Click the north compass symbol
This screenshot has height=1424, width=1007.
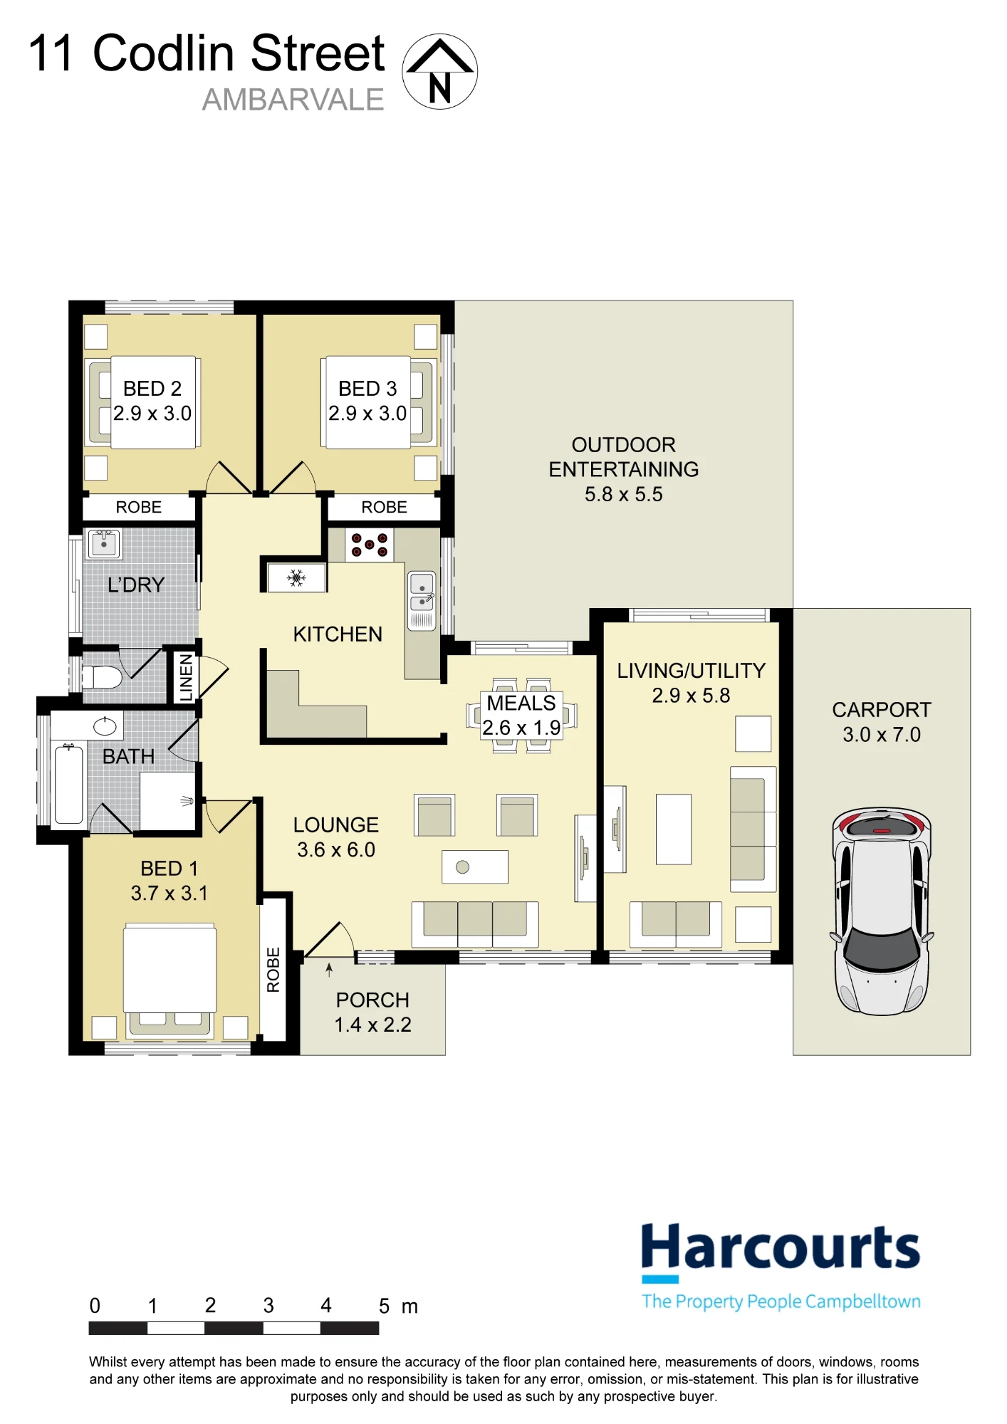(439, 71)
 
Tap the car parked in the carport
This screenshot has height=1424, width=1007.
(881, 911)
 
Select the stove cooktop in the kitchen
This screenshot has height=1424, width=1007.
(369, 545)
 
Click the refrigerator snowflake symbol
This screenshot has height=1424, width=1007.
(296, 577)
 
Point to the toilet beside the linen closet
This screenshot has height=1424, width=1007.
(102, 676)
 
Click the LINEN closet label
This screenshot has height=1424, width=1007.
(186, 677)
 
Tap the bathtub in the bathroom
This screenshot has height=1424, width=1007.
(69, 782)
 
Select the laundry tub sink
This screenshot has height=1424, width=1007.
(104, 545)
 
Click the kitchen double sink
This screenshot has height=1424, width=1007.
(422, 601)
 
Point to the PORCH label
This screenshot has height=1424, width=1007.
(372, 1000)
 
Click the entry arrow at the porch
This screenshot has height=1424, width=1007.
(329, 970)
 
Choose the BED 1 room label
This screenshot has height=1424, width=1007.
(169, 868)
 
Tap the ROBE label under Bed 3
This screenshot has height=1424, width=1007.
(384, 507)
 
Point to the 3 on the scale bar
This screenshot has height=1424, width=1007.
(268, 1305)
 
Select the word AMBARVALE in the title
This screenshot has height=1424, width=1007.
(293, 100)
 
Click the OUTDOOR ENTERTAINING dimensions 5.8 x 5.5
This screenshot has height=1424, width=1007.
(623, 494)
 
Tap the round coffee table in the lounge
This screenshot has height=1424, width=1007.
(462, 867)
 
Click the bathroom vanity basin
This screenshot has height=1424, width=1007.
(105, 726)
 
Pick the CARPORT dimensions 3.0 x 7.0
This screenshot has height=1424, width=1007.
(882, 734)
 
